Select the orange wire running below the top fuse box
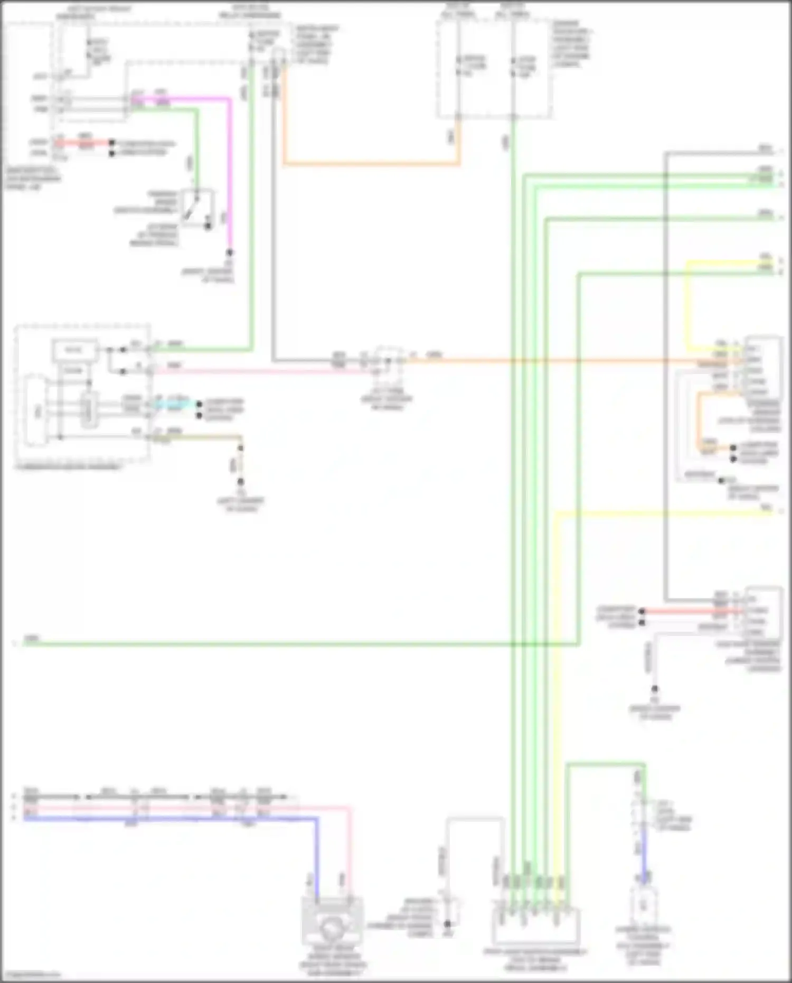click(370, 164)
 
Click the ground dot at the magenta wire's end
click(230, 253)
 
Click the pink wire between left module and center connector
click(264, 371)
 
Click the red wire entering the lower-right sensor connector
click(692, 611)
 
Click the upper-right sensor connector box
click(762, 367)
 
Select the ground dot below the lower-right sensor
click(655, 689)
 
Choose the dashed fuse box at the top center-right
click(494, 69)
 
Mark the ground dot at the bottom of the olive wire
click(240, 482)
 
